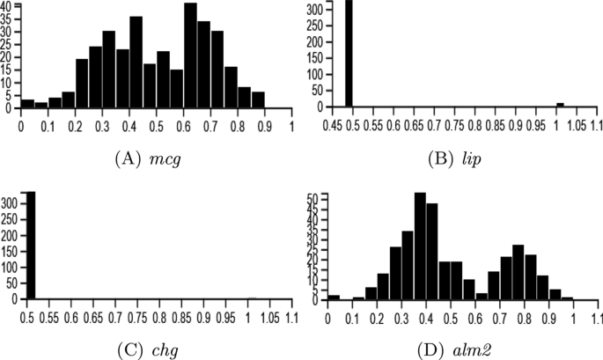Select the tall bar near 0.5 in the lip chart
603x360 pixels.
349,53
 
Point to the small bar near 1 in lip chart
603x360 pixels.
560,105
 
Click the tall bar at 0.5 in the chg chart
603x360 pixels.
31,246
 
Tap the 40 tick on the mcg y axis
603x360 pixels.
8,6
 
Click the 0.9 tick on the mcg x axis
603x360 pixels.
264,125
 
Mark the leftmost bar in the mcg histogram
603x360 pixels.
27,104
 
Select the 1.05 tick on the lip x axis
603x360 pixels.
577,125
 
